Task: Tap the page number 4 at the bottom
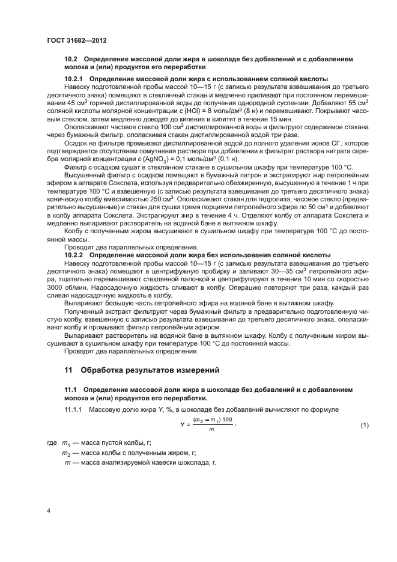pos(49,512)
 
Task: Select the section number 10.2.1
pos(76,79)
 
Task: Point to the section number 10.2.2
pos(76,255)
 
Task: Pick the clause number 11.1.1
pos(74,409)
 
